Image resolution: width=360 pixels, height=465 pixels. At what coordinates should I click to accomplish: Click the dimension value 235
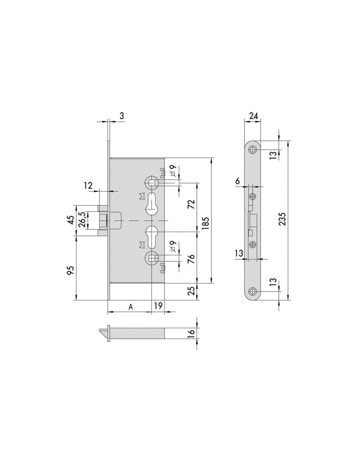point(283,218)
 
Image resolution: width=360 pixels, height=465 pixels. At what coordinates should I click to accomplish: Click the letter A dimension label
point(131,307)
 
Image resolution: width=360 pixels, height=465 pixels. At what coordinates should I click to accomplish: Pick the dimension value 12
point(88,185)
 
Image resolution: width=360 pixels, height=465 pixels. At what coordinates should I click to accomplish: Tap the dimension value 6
point(237,181)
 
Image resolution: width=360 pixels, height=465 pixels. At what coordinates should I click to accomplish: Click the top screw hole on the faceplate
point(253,149)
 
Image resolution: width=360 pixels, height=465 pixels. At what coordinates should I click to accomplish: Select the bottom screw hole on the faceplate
point(253,291)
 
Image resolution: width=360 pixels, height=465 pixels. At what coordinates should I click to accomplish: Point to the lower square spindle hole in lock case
point(152,259)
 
